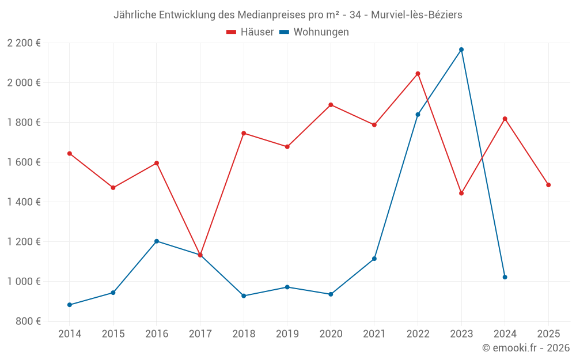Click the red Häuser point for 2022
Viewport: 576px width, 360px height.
coord(418,74)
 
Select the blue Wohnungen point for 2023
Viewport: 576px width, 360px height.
coord(461,50)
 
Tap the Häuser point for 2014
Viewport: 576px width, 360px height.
coord(70,153)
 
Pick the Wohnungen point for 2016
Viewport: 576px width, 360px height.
coord(157,241)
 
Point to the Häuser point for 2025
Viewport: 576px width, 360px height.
coord(548,185)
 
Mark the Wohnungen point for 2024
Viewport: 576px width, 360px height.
coord(505,277)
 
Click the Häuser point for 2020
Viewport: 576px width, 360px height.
coord(331,105)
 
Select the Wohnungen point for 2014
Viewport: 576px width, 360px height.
coord(70,305)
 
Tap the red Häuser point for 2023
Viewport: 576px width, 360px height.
coord(461,193)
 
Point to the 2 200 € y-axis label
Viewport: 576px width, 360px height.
coord(24,43)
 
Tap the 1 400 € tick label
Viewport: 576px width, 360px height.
coord(24,202)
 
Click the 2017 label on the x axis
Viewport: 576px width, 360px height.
coord(200,334)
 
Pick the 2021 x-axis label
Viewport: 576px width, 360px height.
coord(374,334)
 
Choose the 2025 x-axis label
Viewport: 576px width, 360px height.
coord(548,334)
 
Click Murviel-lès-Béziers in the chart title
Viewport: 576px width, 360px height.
coord(416,15)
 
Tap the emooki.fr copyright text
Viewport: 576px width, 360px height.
coord(526,348)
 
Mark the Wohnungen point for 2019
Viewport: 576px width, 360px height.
coord(287,287)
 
